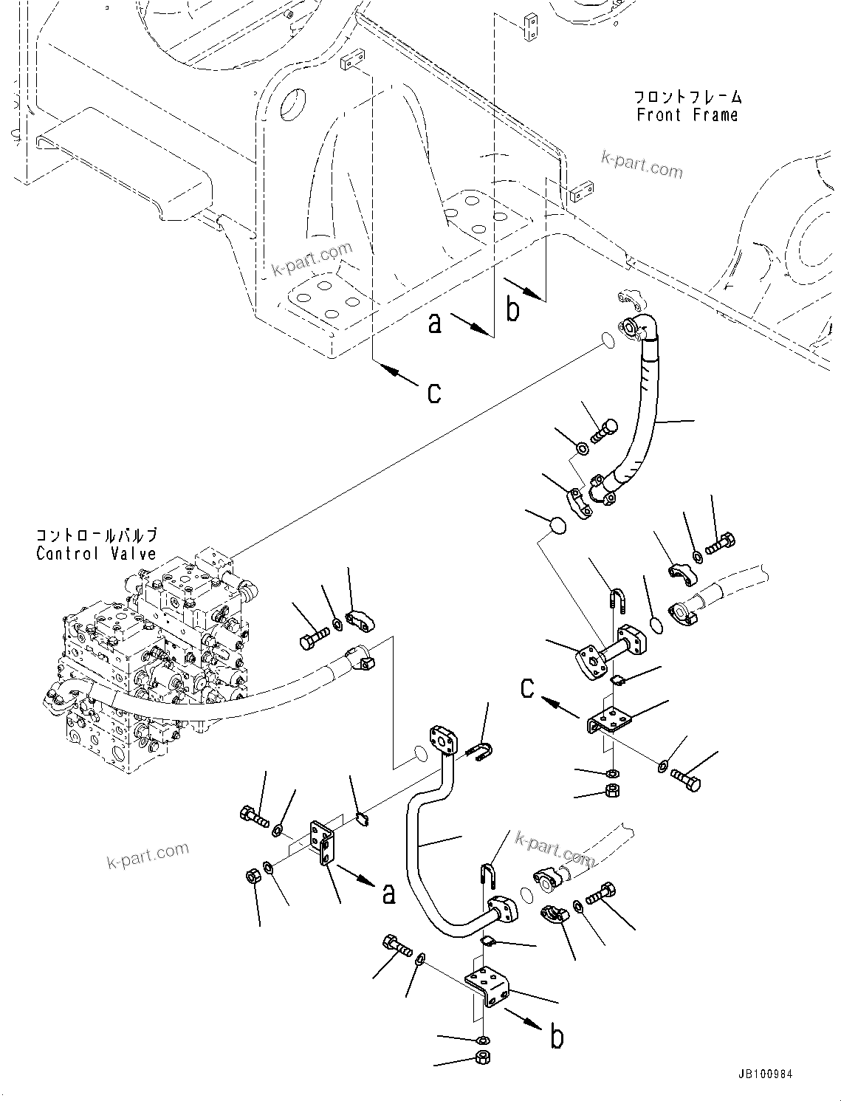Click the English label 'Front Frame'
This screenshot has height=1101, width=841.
click(x=687, y=116)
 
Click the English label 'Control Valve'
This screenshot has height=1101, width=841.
click(x=96, y=553)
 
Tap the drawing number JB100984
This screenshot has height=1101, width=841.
click(x=763, y=1074)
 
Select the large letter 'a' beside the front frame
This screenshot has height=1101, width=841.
click(x=436, y=323)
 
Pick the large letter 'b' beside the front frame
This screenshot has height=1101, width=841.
click(x=513, y=309)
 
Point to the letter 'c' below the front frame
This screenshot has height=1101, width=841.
click(x=434, y=392)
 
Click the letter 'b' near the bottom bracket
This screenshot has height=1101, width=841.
click(x=557, y=1037)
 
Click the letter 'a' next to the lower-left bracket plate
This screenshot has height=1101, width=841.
click(x=388, y=894)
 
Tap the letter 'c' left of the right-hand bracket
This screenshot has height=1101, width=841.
click(x=527, y=688)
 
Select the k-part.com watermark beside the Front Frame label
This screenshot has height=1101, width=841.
click(x=641, y=167)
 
